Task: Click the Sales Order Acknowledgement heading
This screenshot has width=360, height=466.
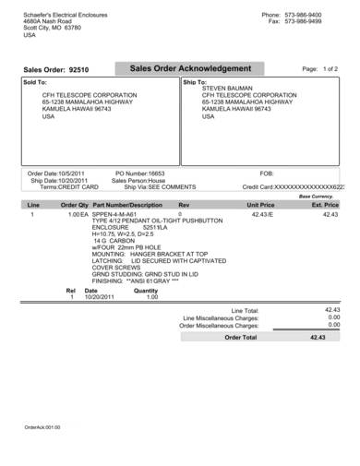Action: pyautogui.click(x=190, y=69)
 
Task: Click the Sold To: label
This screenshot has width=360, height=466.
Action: pyautogui.click(x=34, y=82)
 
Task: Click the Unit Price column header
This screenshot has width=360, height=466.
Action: pyautogui.click(x=258, y=205)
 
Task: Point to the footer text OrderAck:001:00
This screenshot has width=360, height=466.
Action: pyautogui.click(x=42, y=427)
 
